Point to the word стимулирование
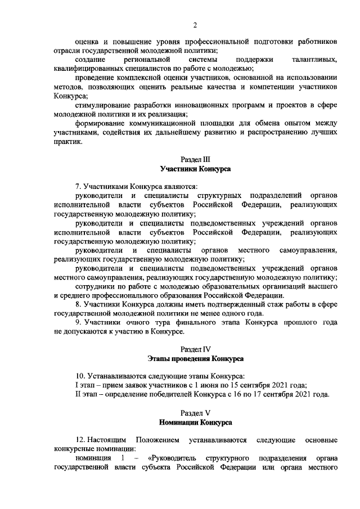click(102, 105)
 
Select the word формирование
click(101, 123)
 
